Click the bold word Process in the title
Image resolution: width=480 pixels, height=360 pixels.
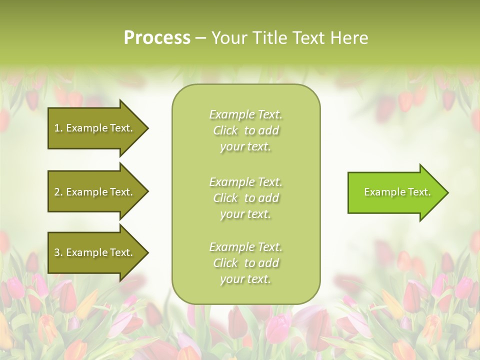pyautogui.click(x=157, y=38)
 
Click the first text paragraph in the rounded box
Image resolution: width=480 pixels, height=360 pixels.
pyautogui.click(x=246, y=130)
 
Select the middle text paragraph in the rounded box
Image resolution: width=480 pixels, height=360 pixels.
pyautogui.click(x=246, y=198)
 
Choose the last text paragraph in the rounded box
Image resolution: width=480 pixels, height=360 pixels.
pyautogui.click(x=246, y=263)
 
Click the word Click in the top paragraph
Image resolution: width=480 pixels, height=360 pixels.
pyautogui.click(x=225, y=130)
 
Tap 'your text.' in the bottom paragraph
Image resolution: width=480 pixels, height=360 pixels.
pyautogui.click(x=245, y=279)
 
